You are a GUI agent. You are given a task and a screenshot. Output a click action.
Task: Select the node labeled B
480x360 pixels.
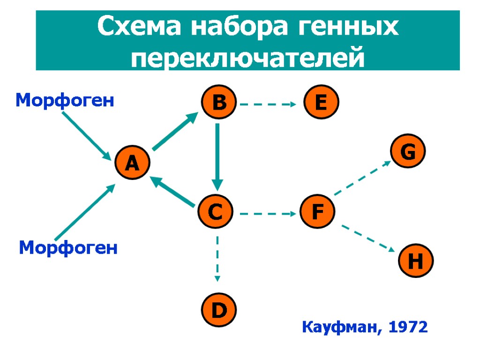[219, 104]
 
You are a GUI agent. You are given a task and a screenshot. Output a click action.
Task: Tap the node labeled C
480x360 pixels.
[216, 213]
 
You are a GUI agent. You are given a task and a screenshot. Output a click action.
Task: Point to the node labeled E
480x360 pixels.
[321, 104]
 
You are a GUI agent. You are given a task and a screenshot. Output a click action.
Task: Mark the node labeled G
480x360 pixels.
[409, 151]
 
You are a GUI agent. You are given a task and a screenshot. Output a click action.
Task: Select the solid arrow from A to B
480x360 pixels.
[175, 132]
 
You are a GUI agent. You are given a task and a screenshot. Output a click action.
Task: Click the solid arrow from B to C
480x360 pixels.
[217, 155]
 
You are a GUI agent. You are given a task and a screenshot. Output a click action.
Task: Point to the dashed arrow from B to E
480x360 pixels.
[268, 105]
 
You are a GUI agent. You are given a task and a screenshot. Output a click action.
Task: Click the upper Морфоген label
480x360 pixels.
[65, 100]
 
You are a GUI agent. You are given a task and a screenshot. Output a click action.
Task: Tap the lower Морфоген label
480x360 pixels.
[68, 247]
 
